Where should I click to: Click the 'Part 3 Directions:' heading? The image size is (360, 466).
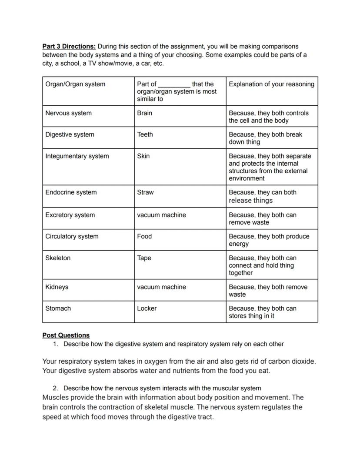click(69, 46)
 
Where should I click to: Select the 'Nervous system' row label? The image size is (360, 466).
click(68, 113)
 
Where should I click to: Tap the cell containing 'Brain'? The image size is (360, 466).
click(144, 113)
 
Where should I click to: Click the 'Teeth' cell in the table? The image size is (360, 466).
click(145, 134)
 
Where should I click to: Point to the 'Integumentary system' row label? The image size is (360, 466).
click(77, 156)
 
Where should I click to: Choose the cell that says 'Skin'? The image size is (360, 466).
click(143, 156)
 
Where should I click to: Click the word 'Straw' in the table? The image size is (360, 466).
click(145, 192)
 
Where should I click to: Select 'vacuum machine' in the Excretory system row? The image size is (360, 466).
click(161, 215)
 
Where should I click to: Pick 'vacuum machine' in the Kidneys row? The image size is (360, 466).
click(161, 287)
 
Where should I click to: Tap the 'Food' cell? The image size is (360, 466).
click(144, 236)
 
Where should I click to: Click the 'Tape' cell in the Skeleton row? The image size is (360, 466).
click(144, 258)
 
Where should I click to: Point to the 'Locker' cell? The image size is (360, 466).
click(147, 308)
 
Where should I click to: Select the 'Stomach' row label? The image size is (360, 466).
click(58, 308)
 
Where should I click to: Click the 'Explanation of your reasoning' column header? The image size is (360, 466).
click(271, 84)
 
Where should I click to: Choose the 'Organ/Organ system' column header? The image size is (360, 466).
click(75, 84)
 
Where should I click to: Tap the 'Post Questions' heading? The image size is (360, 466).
click(66, 335)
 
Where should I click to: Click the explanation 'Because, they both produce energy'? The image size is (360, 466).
click(269, 240)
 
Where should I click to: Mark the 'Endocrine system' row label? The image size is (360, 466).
click(71, 192)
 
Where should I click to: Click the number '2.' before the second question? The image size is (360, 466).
click(56, 388)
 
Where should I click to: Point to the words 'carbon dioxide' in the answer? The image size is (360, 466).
click(291, 362)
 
